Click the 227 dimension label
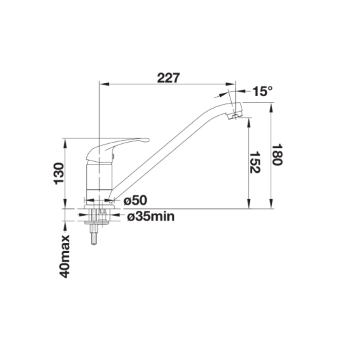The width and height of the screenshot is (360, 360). (x=169, y=78)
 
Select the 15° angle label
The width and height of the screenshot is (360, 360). (x=262, y=91)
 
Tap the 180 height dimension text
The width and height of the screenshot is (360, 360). (x=277, y=154)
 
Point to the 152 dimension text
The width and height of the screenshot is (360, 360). (x=255, y=162)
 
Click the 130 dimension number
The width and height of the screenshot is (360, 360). (x=59, y=173)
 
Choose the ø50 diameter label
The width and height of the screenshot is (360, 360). (x=135, y=200)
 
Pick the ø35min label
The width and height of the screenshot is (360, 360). (x=151, y=216)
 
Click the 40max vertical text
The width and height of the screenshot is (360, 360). (x=64, y=256)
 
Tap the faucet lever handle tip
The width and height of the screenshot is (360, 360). (x=148, y=140)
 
